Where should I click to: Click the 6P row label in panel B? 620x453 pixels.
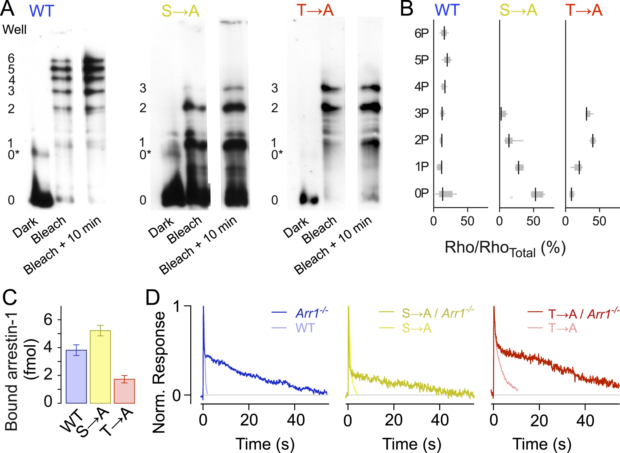[x=421, y=33]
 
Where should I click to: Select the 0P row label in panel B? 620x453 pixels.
[x=421, y=194]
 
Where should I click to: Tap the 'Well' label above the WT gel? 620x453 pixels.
[x=14, y=29]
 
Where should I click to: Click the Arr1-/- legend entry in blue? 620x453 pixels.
[x=312, y=313]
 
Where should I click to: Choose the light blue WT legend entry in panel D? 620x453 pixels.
[x=305, y=328]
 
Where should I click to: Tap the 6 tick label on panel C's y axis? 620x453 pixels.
[x=48, y=320]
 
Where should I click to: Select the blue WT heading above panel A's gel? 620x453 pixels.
[x=42, y=11]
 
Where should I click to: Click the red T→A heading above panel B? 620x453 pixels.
[x=584, y=10]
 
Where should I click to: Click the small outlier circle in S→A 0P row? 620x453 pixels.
[x=511, y=197]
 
